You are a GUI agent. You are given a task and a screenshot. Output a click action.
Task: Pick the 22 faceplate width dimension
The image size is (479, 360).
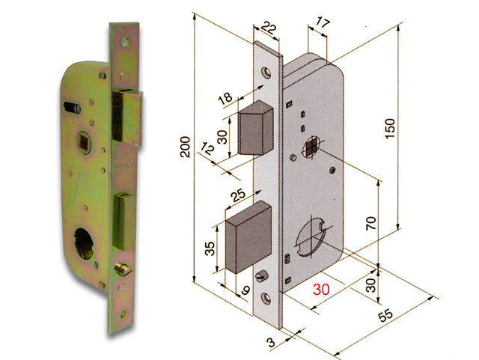click(269, 28)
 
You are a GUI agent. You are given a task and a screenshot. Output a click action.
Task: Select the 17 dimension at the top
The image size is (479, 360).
click(320, 24)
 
